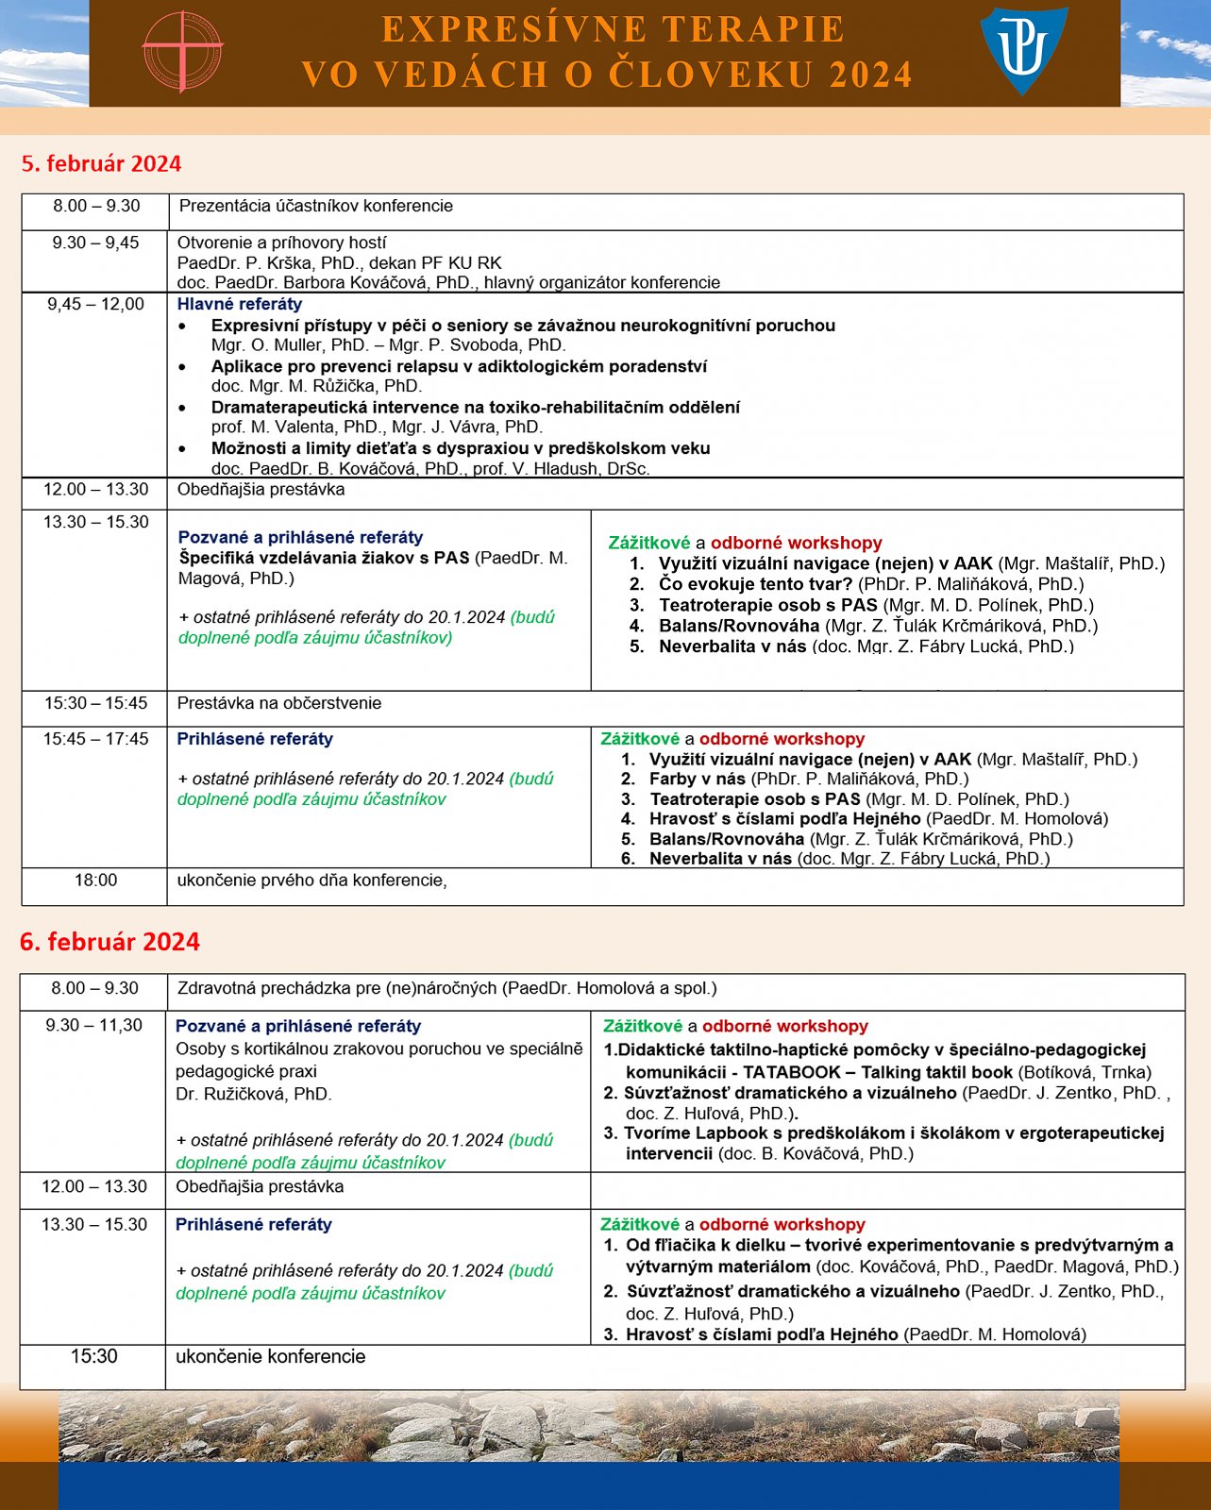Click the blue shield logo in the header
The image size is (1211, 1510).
point(1023,49)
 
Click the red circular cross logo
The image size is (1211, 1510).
point(181,51)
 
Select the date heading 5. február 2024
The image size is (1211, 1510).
point(101,163)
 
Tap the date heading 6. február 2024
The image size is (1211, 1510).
point(109,941)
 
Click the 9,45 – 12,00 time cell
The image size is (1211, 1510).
point(95,304)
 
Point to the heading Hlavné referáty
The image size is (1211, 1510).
point(240,304)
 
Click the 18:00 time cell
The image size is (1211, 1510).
point(95,881)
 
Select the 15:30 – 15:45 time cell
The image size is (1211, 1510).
point(95,703)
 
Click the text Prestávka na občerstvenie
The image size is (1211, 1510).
point(279,703)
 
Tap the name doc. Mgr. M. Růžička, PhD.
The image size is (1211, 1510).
point(316,386)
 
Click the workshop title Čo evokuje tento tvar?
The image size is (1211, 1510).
point(755,584)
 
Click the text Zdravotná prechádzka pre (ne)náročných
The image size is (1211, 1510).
point(338,989)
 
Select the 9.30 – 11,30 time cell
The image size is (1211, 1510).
point(93,1026)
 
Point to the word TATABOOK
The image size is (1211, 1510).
point(791,1072)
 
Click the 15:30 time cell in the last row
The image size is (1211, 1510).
point(93,1357)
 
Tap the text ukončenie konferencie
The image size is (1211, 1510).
point(271,1357)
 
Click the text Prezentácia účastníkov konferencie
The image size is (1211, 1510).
point(316,206)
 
